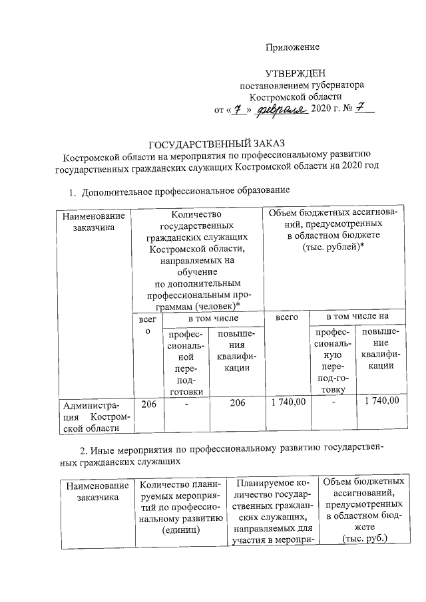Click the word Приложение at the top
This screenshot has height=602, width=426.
[x=293, y=47]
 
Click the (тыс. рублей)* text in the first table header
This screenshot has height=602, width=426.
[x=333, y=247]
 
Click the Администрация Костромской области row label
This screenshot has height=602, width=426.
[x=93, y=415]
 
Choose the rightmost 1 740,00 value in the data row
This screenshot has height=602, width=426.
[x=381, y=400]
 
